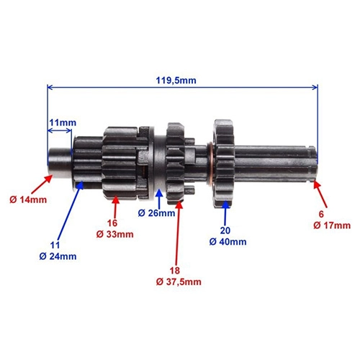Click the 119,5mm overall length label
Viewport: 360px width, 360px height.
176,81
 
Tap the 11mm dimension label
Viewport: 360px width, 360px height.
63,122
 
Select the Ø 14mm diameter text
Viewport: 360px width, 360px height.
28,199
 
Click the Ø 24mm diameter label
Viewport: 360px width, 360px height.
58,256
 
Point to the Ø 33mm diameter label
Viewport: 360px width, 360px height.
115,234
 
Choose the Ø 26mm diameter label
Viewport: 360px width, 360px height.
156,213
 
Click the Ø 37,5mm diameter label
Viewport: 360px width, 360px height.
179,282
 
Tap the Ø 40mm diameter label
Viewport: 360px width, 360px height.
228,242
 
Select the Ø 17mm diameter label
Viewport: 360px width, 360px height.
332,225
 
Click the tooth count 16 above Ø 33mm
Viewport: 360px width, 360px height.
112,223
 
